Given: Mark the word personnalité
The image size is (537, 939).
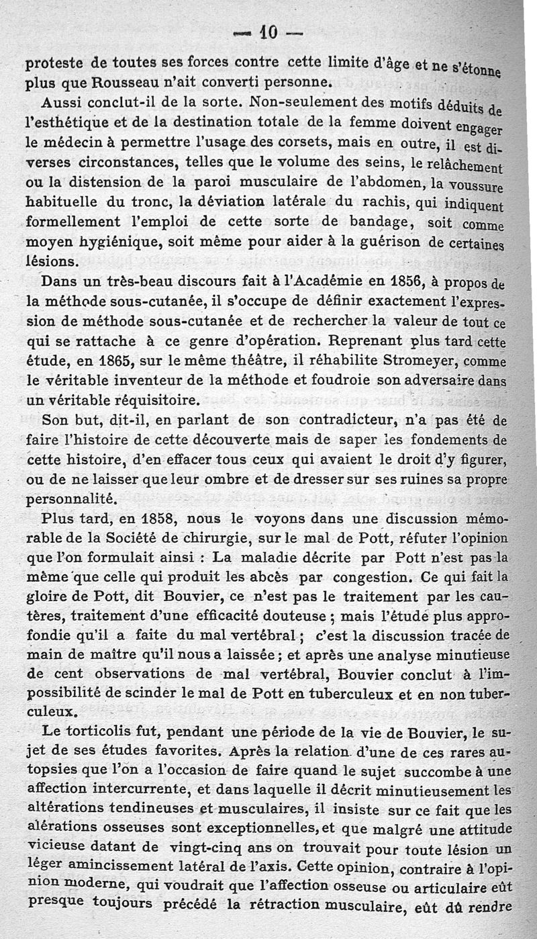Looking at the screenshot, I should coord(72,500).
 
